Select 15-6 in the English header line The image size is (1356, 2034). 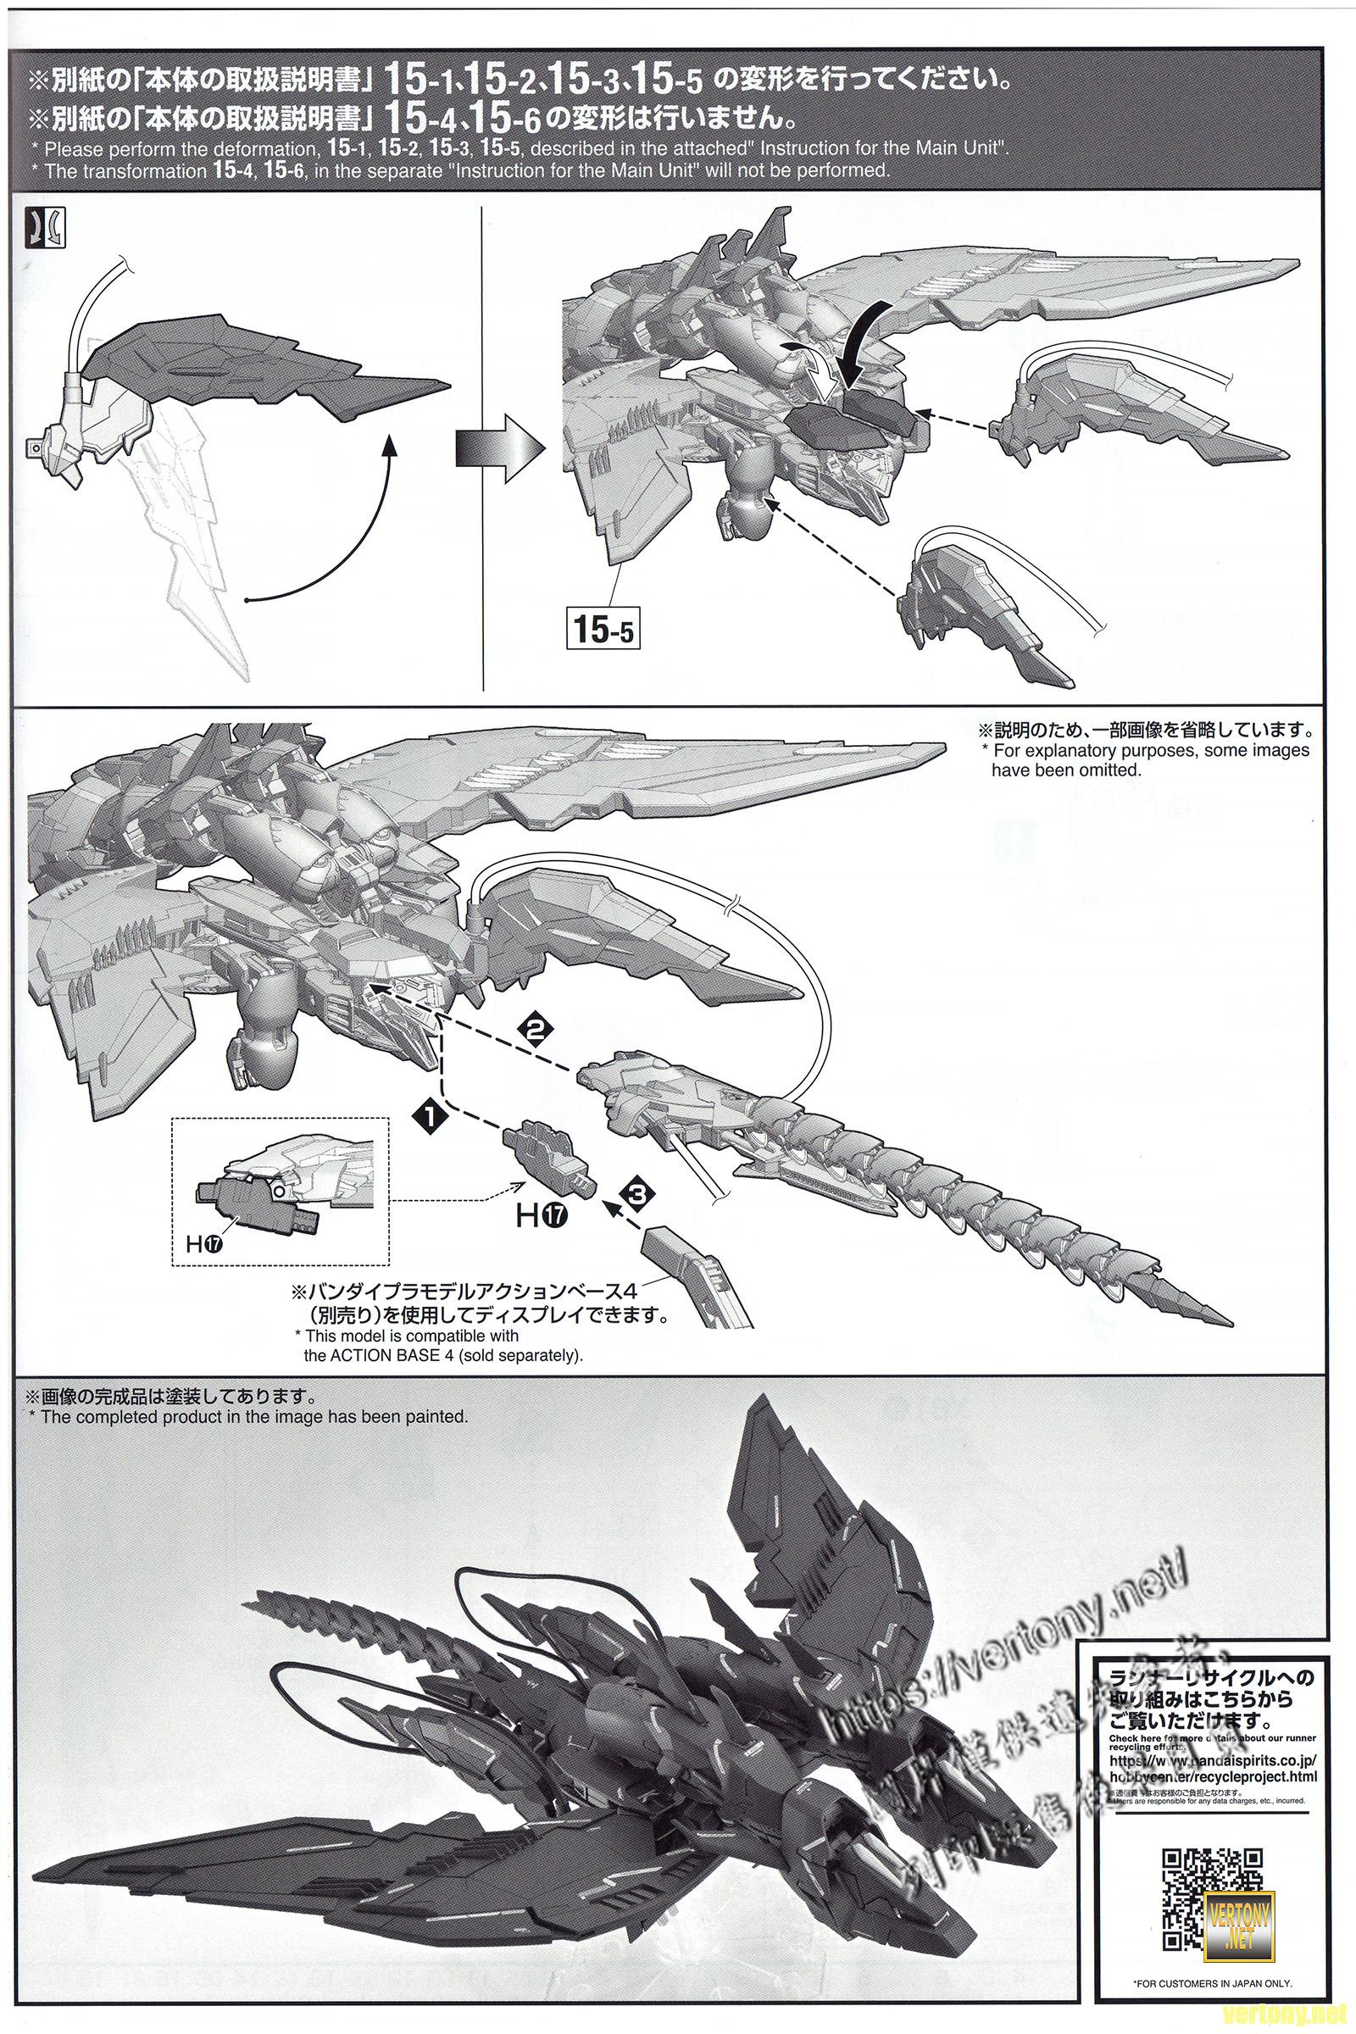coord(284,170)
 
